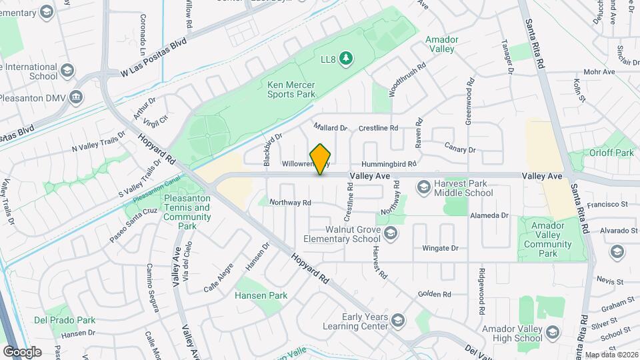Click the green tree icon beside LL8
[x=345, y=59]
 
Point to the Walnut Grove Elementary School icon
[x=390, y=233]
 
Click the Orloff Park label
[x=607, y=153]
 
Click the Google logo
[x=22, y=351]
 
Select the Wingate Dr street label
[x=440, y=249]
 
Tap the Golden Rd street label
[x=434, y=294]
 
